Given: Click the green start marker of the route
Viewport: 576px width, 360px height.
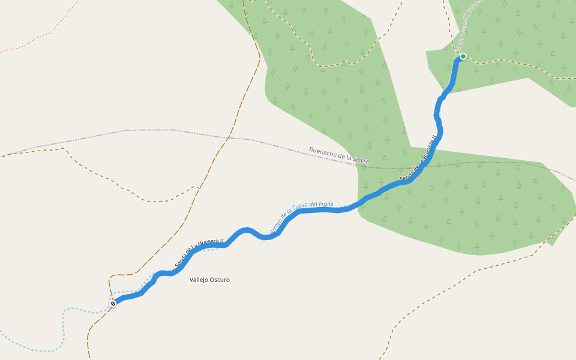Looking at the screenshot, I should tap(463, 56).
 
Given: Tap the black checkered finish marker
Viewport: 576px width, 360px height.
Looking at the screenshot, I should tap(113, 304).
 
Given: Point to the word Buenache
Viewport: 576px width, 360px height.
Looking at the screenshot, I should tap(322, 152).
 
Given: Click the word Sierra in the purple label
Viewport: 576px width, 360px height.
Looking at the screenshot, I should tap(361, 160).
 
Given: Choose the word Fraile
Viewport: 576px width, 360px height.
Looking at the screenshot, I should tap(326, 204).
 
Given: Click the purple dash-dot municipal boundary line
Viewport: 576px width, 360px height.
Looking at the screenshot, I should tap(150, 130).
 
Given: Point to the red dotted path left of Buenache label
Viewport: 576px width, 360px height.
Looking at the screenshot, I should tap(36, 40).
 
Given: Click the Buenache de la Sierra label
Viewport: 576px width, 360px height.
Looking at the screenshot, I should tap(339, 155).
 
